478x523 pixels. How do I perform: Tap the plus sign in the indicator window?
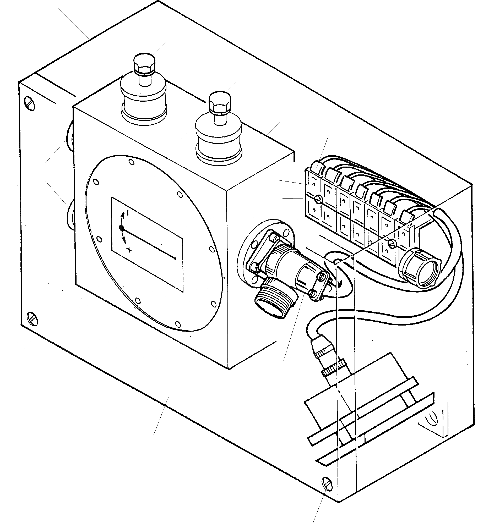129,250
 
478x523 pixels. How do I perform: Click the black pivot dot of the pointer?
122,228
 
